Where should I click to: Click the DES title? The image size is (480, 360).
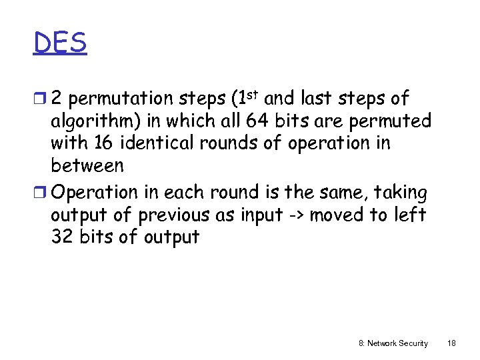pyautogui.click(x=60, y=43)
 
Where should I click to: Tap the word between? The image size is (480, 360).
pyautogui.click(x=87, y=165)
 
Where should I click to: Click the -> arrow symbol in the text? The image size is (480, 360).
pyautogui.click(x=295, y=215)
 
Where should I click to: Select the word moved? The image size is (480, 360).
pyautogui.click(x=337, y=215)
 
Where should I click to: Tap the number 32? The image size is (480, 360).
pyautogui.click(x=62, y=237)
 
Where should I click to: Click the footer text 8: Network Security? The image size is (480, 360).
pyautogui.click(x=393, y=343)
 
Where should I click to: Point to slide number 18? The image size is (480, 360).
pyautogui.click(x=451, y=343)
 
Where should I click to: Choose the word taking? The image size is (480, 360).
pyautogui.click(x=401, y=193)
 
